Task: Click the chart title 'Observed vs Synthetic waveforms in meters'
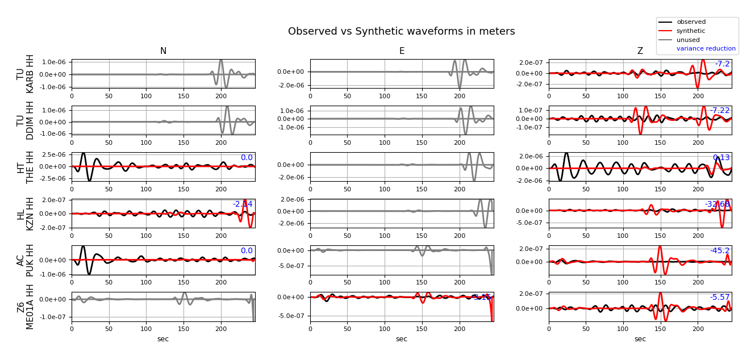[x=401, y=32]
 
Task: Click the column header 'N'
[x=163, y=51]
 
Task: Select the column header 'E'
[x=402, y=51]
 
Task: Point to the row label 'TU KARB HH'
[x=26, y=74]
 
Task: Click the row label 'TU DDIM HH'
[x=26, y=120]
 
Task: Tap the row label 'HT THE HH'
[x=26, y=167]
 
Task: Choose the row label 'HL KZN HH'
[x=26, y=214]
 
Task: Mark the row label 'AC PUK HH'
[x=26, y=260]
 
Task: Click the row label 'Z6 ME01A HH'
[x=26, y=307]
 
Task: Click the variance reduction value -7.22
[x=720, y=111]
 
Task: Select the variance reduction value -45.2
[x=720, y=251]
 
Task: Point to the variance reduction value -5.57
[x=720, y=298]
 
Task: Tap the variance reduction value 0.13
[x=721, y=158]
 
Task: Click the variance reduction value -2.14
[x=243, y=204]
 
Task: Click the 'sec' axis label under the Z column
[x=640, y=339]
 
